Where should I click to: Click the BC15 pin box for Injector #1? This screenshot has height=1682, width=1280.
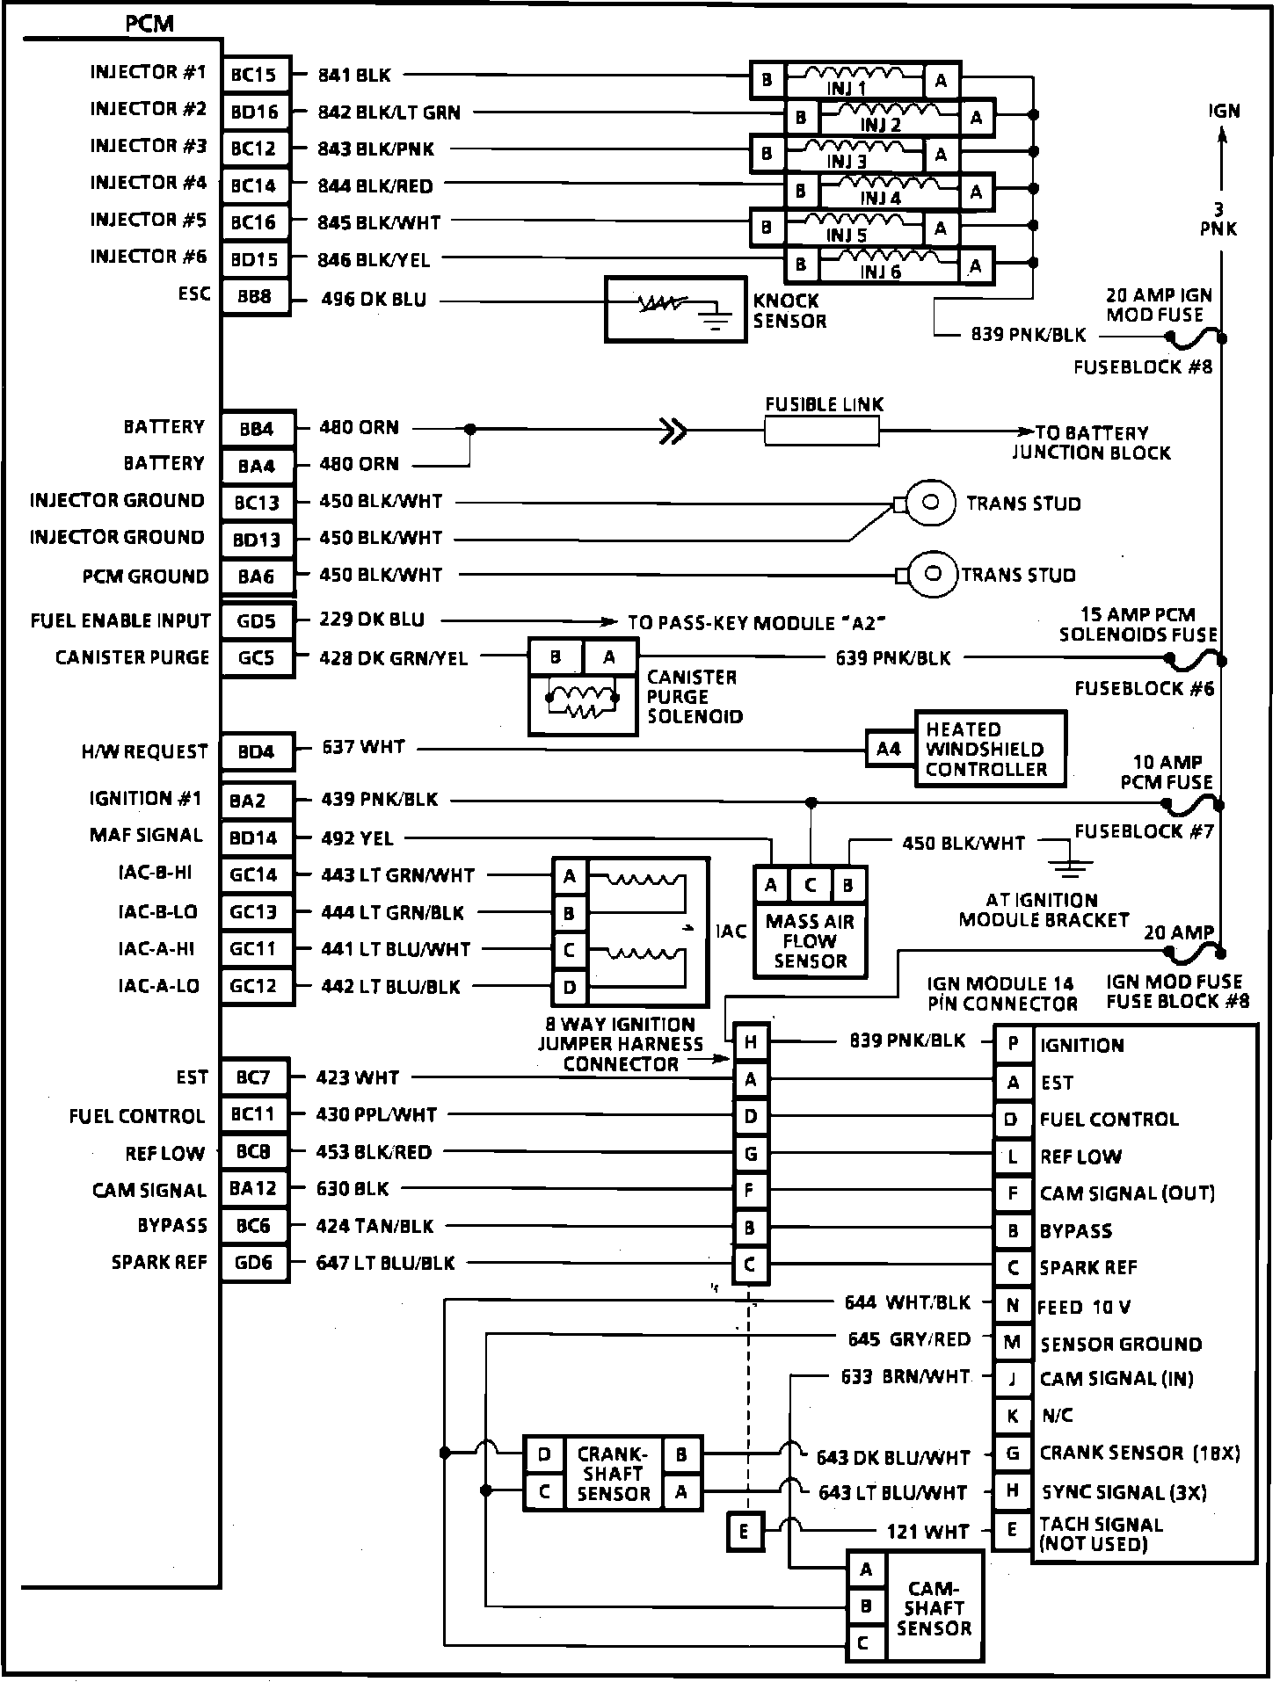(x=255, y=76)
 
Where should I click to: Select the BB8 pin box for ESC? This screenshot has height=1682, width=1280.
(x=255, y=297)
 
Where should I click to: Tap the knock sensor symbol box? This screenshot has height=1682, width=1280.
(x=674, y=309)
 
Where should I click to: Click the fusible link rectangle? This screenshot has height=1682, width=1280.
(x=821, y=431)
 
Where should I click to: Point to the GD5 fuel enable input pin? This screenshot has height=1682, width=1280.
(x=256, y=622)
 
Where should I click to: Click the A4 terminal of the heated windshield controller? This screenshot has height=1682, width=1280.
(x=889, y=749)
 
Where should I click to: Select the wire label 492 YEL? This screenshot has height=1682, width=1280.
(x=357, y=838)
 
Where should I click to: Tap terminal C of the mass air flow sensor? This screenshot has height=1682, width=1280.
(x=810, y=886)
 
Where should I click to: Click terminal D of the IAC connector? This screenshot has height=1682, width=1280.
(x=570, y=988)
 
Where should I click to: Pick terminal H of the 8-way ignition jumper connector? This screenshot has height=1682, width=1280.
(x=751, y=1042)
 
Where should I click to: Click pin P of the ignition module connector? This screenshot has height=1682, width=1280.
(x=1013, y=1045)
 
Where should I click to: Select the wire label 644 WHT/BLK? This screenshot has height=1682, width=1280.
(x=907, y=1302)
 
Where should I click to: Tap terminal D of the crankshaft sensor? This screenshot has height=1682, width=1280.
(x=544, y=1455)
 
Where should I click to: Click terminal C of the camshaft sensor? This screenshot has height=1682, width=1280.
(x=865, y=1642)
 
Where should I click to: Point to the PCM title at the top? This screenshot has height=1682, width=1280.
(x=149, y=24)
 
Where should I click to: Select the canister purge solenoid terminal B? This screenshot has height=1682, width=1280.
(x=556, y=657)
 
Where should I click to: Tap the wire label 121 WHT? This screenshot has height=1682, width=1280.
(x=927, y=1532)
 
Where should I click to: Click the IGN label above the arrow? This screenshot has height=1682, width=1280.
(x=1224, y=111)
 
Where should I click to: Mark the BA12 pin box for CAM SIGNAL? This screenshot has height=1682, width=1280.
(x=254, y=1189)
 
